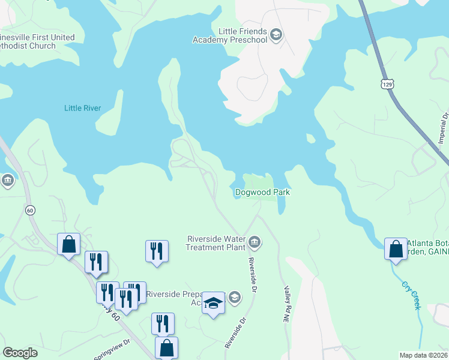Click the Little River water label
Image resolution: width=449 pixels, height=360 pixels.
[x=82, y=109]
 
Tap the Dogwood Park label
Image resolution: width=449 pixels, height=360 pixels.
[x=262, y=192]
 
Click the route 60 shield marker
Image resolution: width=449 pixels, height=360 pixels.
[x=30, y=210]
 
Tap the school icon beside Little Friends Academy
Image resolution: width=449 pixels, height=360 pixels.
[x=276, y=34]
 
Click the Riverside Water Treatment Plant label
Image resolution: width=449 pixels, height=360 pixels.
[x=216, y=242]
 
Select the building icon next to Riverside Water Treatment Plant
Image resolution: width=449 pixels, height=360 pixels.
[x=255, y=242]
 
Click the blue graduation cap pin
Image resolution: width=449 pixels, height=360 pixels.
[x=213, y=304]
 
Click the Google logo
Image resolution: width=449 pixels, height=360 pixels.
[x=20, y=353]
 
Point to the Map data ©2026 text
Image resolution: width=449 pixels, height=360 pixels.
[x=424, y=355]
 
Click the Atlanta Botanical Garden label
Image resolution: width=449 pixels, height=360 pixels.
[x=428, y=247]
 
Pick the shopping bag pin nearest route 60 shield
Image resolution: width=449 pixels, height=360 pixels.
[x=68, y=244]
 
